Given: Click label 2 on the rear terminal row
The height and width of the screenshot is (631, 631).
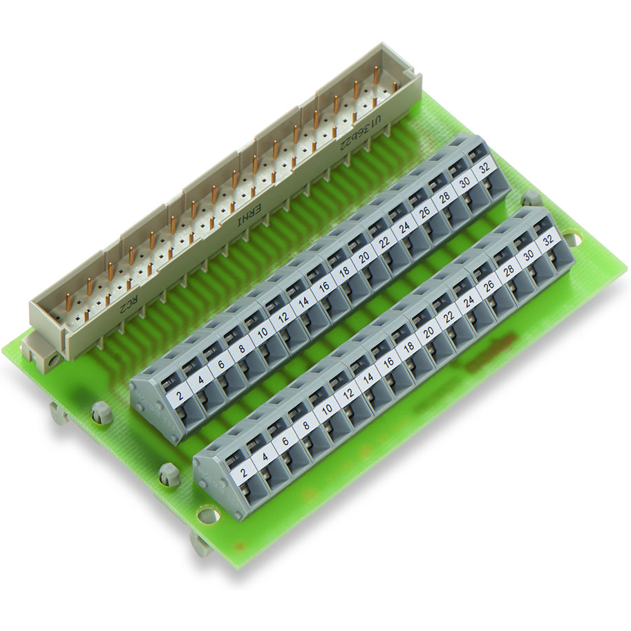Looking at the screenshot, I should point(180,395).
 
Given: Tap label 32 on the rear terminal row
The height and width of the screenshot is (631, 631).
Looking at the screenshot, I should point(484,167).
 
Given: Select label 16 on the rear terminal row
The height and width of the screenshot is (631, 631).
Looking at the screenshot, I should point(323,288).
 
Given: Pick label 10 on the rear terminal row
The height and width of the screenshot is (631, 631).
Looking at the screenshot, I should point(262,334).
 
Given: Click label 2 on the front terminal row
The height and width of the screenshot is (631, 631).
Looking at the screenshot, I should point(242,473).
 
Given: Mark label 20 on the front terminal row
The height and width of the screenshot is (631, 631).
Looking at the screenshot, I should point(428,332).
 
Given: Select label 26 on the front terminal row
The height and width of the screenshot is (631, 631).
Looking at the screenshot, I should point(489,286).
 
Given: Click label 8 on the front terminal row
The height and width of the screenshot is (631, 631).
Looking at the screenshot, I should point(304,425).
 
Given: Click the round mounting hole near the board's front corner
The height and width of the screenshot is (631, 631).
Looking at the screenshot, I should point(205,515).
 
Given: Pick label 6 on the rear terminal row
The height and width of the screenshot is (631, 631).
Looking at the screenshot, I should point(221,364).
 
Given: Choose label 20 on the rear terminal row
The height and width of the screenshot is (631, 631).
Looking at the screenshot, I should point(363,257).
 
